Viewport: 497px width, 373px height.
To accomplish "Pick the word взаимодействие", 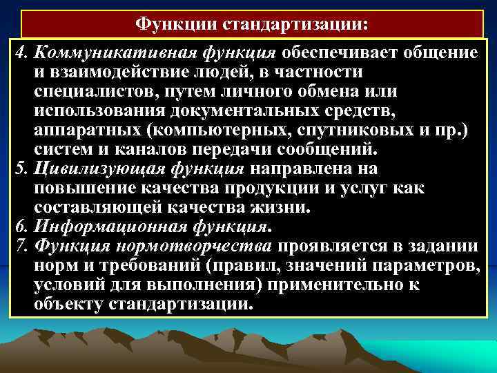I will coord(115,72).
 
